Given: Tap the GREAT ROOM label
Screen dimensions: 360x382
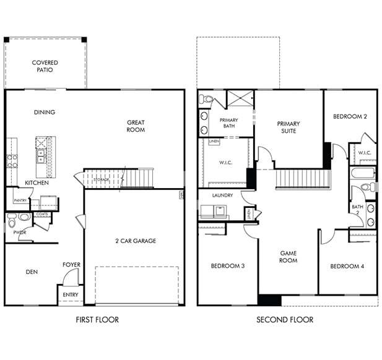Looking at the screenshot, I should pyautogui.click(x=136, y=126).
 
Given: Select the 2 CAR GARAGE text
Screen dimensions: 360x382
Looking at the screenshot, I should pyautogui.click(x=136, y=241).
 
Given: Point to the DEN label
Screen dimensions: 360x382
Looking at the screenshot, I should pyautogui.click(x=32, y=271).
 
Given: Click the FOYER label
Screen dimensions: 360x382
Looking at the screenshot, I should pyautogui.click(x=71, y=265).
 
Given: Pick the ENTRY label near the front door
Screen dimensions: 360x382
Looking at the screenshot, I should pyautogui.click(x=71, y=295).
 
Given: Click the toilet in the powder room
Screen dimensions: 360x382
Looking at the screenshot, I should pyautogui.click(x=23, y=217).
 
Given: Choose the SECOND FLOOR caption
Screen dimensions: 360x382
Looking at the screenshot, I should pyautogui.click(x=285, y=320).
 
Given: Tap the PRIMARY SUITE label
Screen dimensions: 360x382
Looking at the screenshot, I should pyautogui.click(x=288, y=127).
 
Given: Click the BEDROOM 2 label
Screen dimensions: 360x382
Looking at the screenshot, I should pyautogui.click(x=350, y=116).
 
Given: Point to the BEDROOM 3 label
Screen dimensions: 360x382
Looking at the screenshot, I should pyautogui.click(x=227, y=266).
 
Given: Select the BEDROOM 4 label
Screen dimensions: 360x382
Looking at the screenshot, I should pyautogui.click(x=347, y=266).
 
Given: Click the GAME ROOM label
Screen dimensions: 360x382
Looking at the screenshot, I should pyautogui.click(x=289, y=257).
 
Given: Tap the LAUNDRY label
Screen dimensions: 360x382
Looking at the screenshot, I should pyautogui.click(x=222, y=195).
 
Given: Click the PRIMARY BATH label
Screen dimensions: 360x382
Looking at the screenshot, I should pyautogui.click(x=229, y=123).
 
